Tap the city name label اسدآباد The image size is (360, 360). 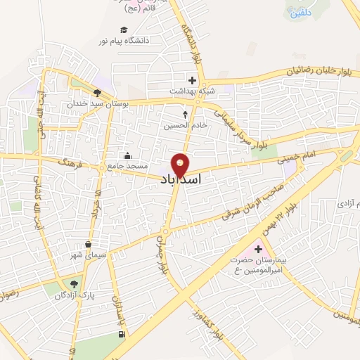(x=181, y=180)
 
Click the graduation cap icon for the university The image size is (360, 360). (x=124, y=30)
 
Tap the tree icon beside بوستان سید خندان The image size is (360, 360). (x=97, y=91)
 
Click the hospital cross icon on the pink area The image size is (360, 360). (x=257, y=249)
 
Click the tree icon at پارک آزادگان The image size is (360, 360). (x=72, y=283)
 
